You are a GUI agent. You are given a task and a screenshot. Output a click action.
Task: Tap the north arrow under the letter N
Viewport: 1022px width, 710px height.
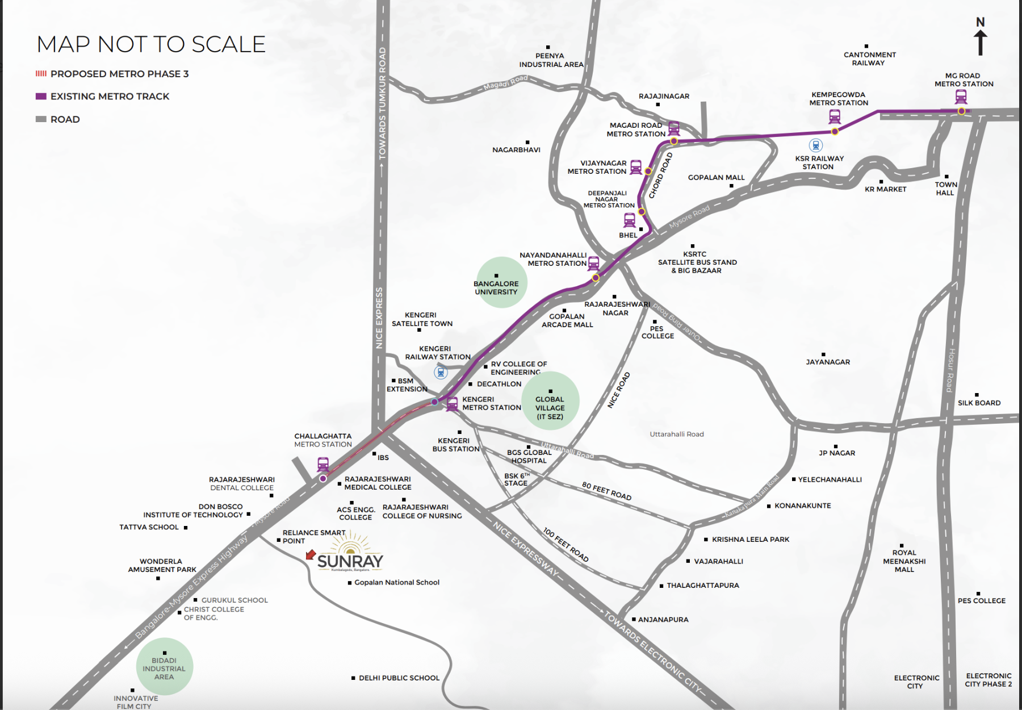point(980,43)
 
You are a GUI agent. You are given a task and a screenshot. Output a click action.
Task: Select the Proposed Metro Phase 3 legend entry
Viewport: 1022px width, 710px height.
point(112,74)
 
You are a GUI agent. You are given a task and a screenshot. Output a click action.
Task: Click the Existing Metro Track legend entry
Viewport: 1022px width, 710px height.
point(103,97)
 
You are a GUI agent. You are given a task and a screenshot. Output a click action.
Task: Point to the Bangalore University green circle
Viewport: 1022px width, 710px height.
point(501,283)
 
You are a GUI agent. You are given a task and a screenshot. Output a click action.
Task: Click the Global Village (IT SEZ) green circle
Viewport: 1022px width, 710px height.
point(550,401)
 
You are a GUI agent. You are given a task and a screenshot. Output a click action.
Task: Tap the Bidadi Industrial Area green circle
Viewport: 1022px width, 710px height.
point(165,667)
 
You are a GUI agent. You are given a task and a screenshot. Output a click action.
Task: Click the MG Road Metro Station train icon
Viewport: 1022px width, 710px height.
point(961,97)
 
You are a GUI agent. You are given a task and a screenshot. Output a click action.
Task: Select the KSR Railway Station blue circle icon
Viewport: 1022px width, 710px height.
point(816,145)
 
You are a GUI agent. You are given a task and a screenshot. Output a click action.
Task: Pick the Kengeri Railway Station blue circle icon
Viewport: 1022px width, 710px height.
point(441,372)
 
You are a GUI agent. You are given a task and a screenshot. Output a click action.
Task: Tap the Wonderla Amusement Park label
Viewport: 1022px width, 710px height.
point(162,565)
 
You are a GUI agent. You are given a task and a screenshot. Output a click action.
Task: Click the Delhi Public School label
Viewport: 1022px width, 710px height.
point(399,678)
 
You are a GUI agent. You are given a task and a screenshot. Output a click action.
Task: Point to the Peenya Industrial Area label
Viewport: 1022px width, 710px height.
point(551,60)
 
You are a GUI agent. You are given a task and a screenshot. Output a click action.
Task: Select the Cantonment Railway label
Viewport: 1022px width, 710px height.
point(869,59)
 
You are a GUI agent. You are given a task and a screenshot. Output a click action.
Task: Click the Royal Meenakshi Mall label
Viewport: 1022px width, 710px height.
point(904,561)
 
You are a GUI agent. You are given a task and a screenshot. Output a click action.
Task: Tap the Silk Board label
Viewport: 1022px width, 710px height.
point(979,403)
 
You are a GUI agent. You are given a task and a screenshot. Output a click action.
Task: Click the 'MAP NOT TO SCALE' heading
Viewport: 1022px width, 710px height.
point(151,44)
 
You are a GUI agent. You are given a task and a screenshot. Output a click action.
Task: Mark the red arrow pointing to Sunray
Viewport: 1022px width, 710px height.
point(311,554)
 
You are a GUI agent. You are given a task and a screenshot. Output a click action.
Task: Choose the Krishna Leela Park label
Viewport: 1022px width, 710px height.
point(750,539)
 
